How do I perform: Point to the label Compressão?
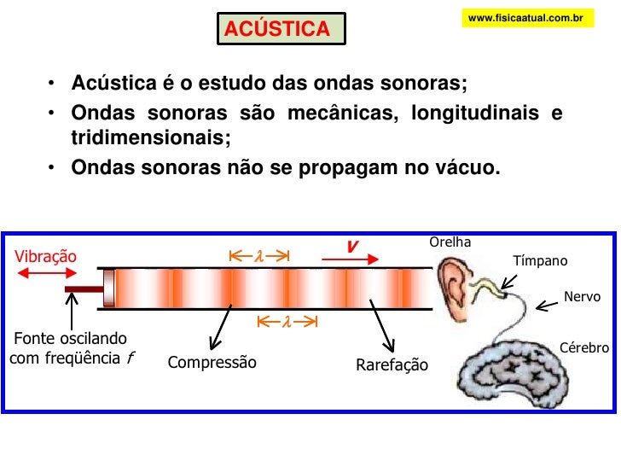[212, 362]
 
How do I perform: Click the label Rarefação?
[392, 366]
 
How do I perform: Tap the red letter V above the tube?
[351, 247]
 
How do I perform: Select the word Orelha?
[451, 242]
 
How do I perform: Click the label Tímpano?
[539, 261]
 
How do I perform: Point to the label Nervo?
[583, 296]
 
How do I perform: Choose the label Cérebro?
[583, 348]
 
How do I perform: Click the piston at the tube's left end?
[108, 287]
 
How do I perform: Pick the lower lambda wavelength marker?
[287, 322]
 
